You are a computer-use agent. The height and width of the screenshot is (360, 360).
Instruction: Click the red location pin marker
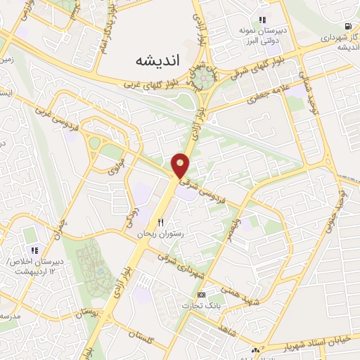[x=181, y=165]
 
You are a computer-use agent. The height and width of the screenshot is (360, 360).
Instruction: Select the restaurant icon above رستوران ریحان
[x=160, y=222]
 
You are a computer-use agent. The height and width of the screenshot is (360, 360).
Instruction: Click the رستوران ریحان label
[x=162, y=233]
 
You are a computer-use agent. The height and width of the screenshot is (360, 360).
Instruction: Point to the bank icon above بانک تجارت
[x=202, y=294]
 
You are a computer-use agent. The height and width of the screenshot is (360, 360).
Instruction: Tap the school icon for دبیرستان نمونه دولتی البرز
[x=262, y=20]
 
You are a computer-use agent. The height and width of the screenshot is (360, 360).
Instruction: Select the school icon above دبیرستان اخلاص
[x=33, y=250]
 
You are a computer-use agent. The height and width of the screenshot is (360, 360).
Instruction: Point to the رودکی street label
[x=132, y=219]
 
